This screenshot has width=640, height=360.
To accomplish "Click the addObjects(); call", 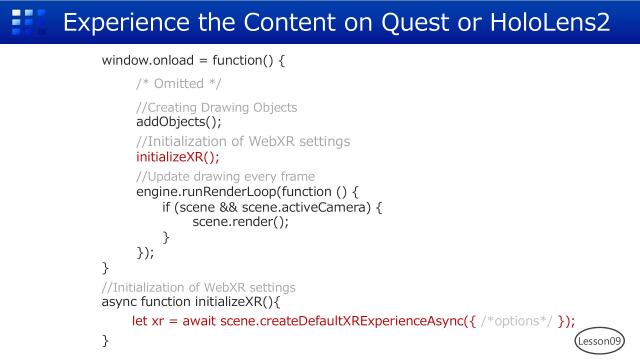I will coord(178,122).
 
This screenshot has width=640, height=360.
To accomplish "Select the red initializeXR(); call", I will coord(177,156).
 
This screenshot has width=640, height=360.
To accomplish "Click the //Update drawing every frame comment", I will coord(225,177).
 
